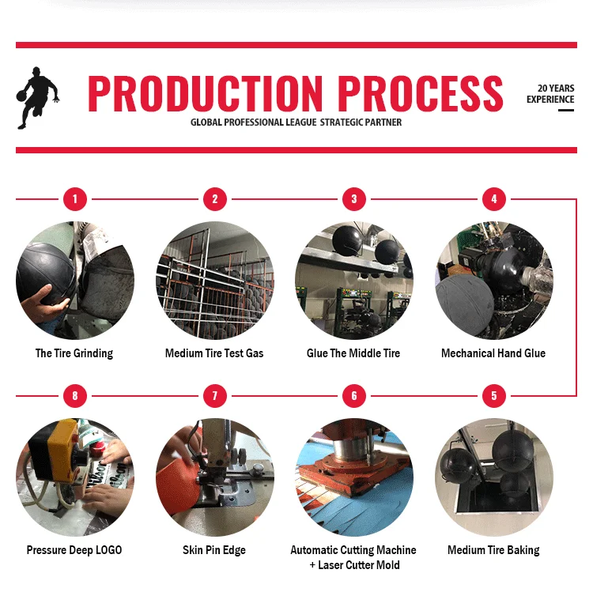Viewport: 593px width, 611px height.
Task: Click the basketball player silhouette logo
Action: (x=38, y=98)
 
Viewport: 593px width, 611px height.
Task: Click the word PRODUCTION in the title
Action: (x=205, y=93)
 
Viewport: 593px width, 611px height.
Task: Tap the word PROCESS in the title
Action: (x=421, y=93)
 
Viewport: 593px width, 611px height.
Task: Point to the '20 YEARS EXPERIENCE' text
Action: (x=550, y=94)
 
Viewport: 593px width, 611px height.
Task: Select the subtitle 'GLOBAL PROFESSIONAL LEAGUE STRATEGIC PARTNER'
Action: (x=296, y=123)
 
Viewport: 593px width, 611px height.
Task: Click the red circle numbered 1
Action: (x=75, y=199)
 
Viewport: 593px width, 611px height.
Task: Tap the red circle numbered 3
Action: (x=354, y=199)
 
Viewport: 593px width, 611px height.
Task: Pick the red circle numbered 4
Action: (x=494, y=199)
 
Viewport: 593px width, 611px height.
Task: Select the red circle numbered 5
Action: (x=494, y=396)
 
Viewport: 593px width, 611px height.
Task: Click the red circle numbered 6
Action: (x=354, y=396)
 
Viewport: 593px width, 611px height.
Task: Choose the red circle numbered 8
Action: (x=75, y=396)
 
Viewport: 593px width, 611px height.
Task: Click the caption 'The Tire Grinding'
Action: (x=74, y=353)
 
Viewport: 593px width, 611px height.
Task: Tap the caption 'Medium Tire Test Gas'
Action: (x=214, y=353)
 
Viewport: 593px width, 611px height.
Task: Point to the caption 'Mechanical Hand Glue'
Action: (x=493, y=353)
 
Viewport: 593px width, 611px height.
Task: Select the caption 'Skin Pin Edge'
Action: (x=214, y=550)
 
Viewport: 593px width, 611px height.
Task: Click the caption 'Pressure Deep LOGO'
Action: (x=74, y=550)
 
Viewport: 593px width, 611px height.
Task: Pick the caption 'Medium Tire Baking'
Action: (x=493, y=550)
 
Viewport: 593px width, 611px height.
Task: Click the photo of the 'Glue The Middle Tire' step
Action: (x=354, y=281)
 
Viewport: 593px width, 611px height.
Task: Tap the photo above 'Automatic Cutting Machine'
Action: (x=354, y=477)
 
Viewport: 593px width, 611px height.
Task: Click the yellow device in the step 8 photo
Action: (x=55, y=449)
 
